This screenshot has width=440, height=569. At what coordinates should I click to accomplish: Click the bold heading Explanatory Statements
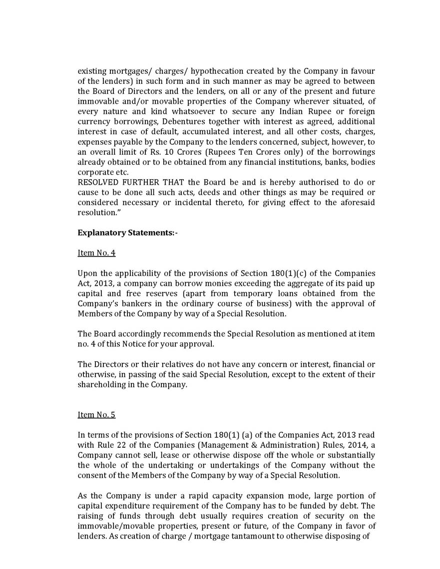pyautogui.click(x=128, y=233)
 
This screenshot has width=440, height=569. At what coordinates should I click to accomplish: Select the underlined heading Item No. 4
pyautogui.click(x=96, y=253)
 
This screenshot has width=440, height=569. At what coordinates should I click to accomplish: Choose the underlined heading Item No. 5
pyautogui.click(x=96, y=415)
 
